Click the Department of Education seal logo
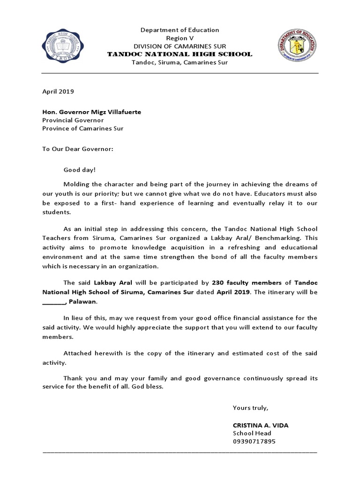(297, 46)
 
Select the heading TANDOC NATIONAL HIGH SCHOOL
(180, 54)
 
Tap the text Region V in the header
(180, 38)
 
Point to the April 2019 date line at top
(58, 92)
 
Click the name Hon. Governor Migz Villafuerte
(91, 112)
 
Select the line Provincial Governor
(73, 120)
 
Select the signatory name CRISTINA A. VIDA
(261, 425)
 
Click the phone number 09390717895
(254, 441)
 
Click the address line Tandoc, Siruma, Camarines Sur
(180, 62)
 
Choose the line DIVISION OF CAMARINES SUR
(180, 46)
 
